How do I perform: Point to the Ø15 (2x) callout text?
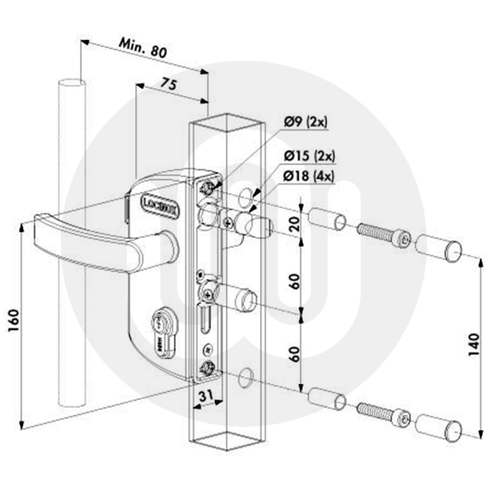click(309, 157)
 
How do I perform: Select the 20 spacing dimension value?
click(294, 225)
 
